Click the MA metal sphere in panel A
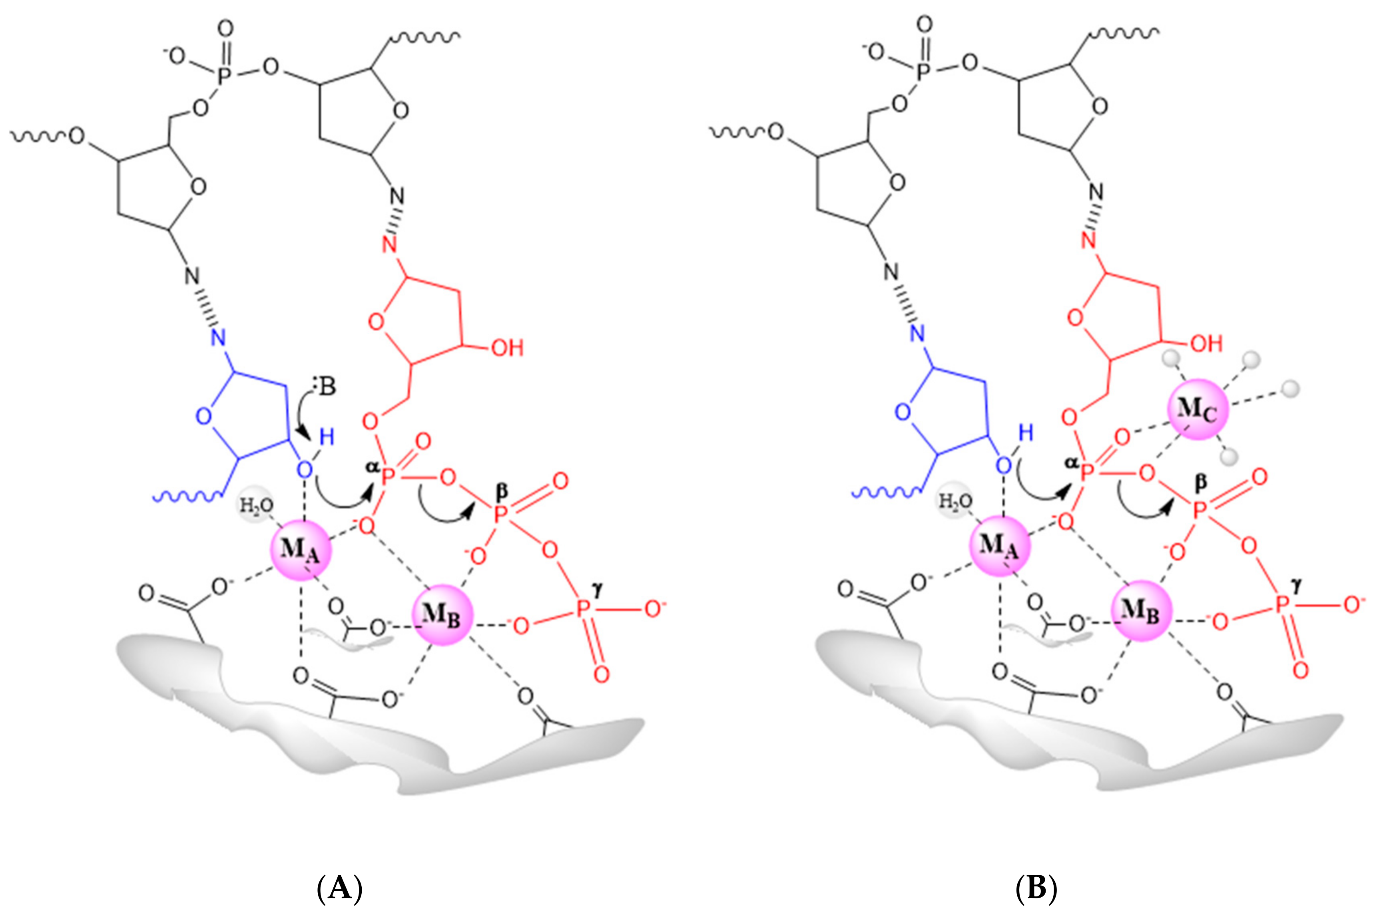pyautogui.click(x=301, y=550)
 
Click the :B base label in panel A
pyautogui.click(x=325, y=385)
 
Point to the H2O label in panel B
pyautogui.click(x=956, y=501)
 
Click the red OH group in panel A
pyautogui.click(x=506, y=348)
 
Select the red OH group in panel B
pyautogui.click(x=1206, y=344)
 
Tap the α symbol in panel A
pyautogui.click(x=371, y=467)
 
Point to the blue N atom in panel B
pyautogui.click(x=918, y=334)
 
